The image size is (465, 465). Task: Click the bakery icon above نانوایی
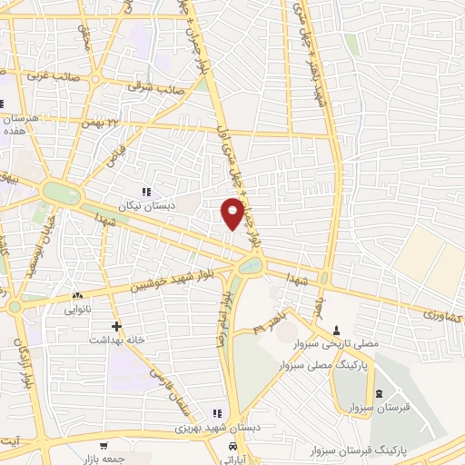click(x=76, y=295)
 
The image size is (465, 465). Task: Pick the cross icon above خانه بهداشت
click(x=115, y=326)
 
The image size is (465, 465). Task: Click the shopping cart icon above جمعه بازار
click(x=104, y=445)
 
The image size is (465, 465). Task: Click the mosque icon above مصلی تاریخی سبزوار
click(x=338, y=330)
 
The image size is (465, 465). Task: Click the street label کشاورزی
click(x=441, y=315)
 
